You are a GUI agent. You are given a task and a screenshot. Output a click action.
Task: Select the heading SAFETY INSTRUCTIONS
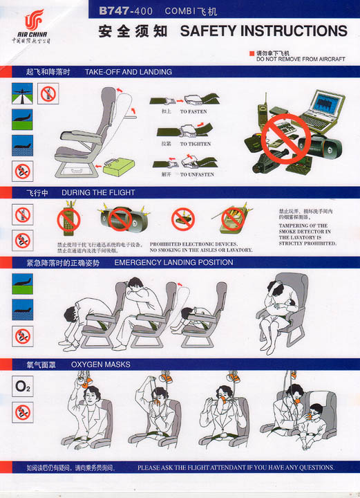(x=263, y=31)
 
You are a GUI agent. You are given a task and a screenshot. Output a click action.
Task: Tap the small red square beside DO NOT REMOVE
(x=252, y=53)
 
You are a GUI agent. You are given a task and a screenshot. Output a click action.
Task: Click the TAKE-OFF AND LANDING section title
(x=128, y=72)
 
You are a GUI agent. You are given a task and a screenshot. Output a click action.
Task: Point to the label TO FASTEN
(x=193, y=111)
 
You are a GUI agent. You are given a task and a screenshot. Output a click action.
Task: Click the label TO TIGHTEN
(x=194, y=144)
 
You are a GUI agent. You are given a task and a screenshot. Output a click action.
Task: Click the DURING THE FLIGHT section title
(x=98, y=192)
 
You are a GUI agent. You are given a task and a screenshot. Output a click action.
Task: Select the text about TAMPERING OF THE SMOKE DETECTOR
(x=307, y=234)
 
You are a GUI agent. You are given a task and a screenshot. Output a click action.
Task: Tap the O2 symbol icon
(x=22, y=386)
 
